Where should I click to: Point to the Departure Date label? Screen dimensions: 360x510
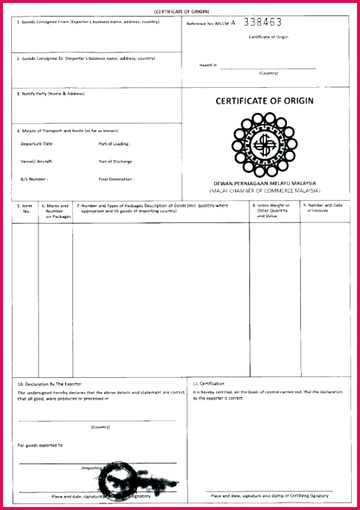click(x=37, y=143)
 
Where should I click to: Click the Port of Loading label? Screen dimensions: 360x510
click(x=114, y=143)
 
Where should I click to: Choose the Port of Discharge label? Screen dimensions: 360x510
click(x=116, y=161)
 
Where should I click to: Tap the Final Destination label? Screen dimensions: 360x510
click(x=116, y=179)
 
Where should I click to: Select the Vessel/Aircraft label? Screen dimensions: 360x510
click(x=38, y=161)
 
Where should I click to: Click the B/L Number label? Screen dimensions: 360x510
click(x=35, y=179)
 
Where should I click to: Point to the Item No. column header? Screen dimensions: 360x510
click(x=26, y=208)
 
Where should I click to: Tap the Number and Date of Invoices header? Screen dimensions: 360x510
click(x=325, y=207)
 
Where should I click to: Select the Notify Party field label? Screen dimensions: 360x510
click(x=52, y=94)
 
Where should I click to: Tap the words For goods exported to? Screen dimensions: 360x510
click(x=40, y=445)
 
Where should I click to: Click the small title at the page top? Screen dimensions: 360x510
click(x=180, y=12)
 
